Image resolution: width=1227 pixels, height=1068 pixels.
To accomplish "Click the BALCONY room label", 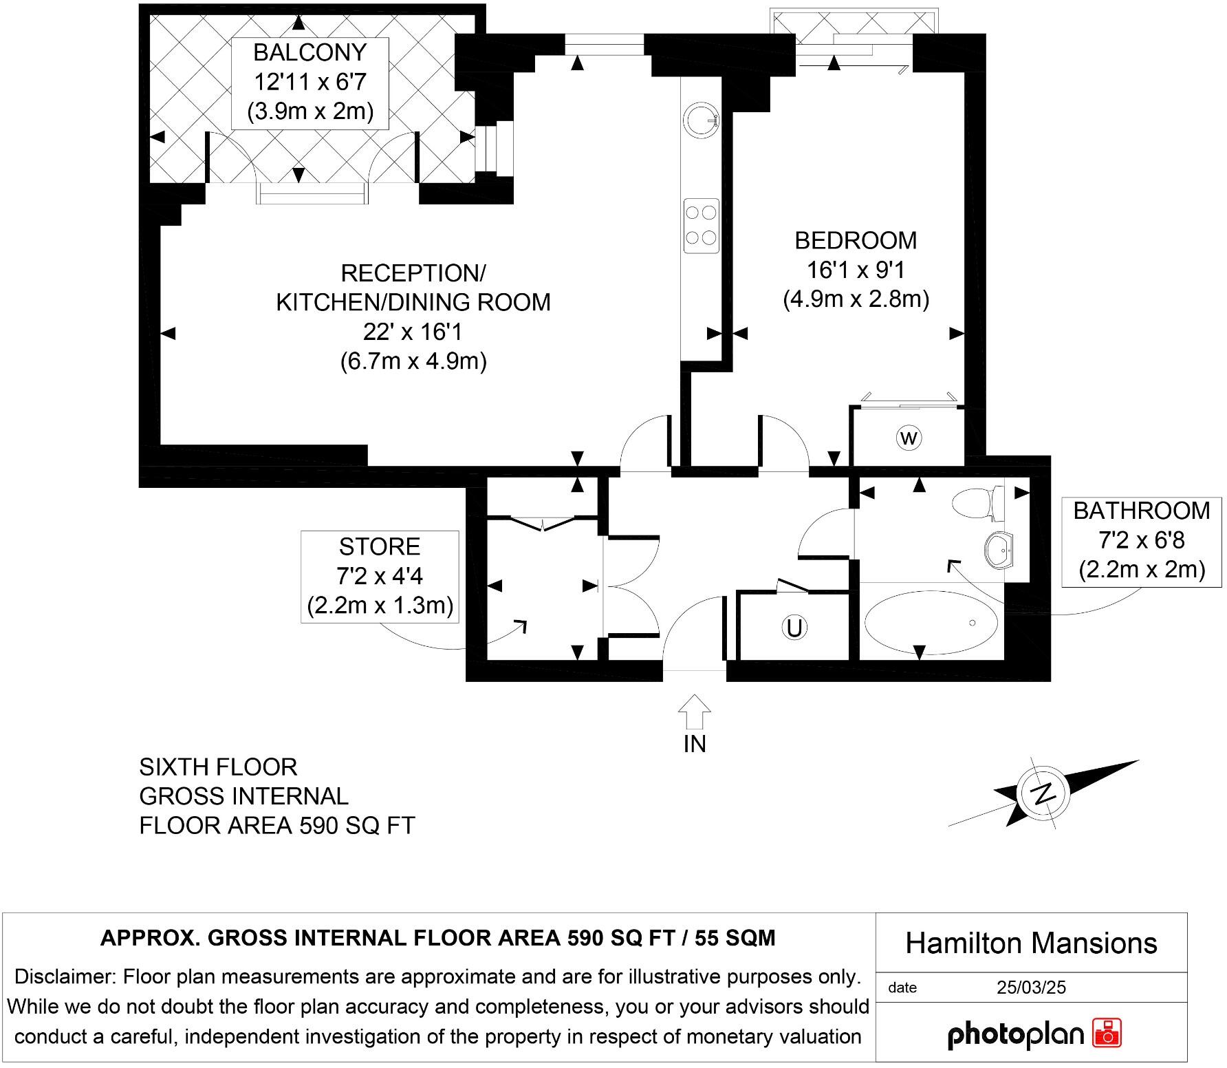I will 310,52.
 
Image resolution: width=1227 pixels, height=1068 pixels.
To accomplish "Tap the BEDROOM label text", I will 856,240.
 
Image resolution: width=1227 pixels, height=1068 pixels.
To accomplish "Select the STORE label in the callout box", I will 379,546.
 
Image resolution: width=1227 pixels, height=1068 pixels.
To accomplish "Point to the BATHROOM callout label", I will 1141,511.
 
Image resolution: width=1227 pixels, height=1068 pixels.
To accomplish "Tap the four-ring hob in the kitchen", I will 701,225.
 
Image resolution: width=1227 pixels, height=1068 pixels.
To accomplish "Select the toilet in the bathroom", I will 977,503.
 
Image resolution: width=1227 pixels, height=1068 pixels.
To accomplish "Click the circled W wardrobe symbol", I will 909,438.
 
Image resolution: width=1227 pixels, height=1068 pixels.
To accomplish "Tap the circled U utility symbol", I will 794,628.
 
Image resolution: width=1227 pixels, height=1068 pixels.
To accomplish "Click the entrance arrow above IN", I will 695,712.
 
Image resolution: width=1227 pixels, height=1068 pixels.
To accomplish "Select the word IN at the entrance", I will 695,745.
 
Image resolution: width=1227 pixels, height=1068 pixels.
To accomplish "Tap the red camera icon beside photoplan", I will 1107,1033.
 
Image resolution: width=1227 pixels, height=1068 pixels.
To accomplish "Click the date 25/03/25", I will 1031,987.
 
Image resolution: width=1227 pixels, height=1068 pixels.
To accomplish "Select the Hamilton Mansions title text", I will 1031,943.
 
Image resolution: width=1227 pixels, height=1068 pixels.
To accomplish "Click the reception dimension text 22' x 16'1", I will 413,332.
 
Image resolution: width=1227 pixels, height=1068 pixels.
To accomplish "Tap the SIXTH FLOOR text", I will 218,767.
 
